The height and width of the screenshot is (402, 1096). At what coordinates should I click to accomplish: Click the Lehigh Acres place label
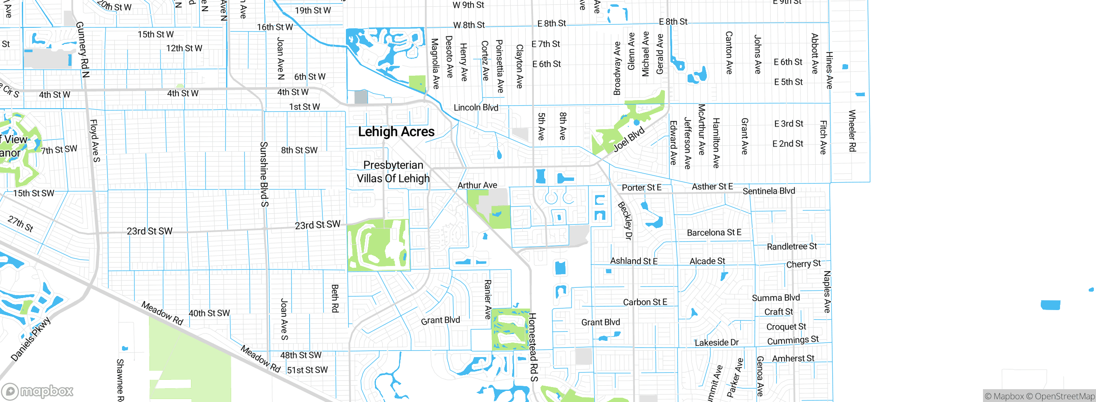click(x=396, y=132)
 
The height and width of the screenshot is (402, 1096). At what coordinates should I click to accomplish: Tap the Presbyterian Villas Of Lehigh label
click(x=393, y=171)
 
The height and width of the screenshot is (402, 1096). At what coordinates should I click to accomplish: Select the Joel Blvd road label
click(x=629, y=139)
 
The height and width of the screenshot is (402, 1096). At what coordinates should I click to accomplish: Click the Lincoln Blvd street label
click(x=476, y=107)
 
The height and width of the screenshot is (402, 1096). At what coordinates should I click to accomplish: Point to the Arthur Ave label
click(x=477, y=185)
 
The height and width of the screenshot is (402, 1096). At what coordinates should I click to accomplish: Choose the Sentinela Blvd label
click(x=768, y=191)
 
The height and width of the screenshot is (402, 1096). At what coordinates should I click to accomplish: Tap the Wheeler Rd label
click(x=852, y=130)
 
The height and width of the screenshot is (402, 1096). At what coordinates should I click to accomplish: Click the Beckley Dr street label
click(x=625, y=220)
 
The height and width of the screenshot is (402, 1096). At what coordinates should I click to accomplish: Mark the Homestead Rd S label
click(x=533, y=346)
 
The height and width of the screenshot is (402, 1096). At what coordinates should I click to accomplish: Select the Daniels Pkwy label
click(x=30, y=339)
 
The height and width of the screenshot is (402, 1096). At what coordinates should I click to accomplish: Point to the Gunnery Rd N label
click(x=82, y=49)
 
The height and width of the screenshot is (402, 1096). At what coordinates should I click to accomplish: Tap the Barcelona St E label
click(x=714, y=233)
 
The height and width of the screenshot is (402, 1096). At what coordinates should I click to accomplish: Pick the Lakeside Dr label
click(x=716, y=343)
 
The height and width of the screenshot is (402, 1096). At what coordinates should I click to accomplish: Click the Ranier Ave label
click(x=487, y=299)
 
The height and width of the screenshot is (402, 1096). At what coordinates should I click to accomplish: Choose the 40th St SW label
click(x=209, y=313)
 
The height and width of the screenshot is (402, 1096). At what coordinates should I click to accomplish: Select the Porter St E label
click(x=641, y=187)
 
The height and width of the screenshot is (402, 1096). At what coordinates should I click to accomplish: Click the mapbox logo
click(x=38, y=391)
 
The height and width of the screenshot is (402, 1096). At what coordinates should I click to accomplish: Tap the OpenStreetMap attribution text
click(x=1064, y=396)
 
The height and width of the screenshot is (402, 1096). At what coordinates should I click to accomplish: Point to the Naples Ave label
click(x=827, y=292)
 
